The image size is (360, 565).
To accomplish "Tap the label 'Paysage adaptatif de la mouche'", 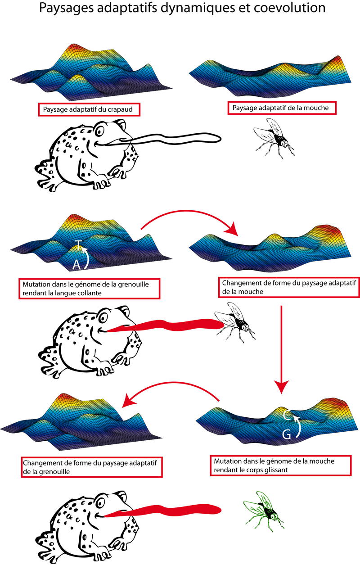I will [282, 108].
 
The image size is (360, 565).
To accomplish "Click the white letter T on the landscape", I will [78, 245].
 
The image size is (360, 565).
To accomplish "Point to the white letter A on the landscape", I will [76, 266].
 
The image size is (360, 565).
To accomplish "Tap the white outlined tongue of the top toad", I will [175, 139].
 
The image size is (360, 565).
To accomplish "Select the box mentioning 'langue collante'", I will [90, 289].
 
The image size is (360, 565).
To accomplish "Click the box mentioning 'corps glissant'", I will [280, 466].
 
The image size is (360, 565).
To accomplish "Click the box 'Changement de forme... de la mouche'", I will [288, 287].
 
